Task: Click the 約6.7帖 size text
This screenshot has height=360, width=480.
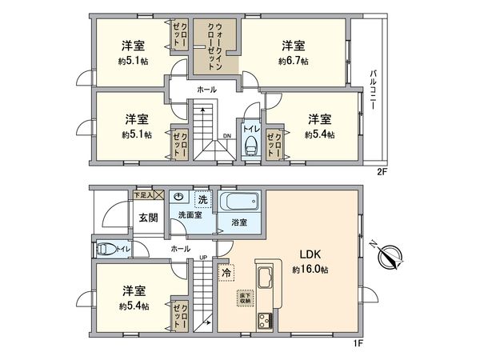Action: (294, 60)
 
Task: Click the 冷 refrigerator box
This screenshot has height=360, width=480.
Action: (226, 272)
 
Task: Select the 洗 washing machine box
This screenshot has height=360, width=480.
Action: (203, 198)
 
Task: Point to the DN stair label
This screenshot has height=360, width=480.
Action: (228, 135)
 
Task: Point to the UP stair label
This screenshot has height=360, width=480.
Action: (203, 258)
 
